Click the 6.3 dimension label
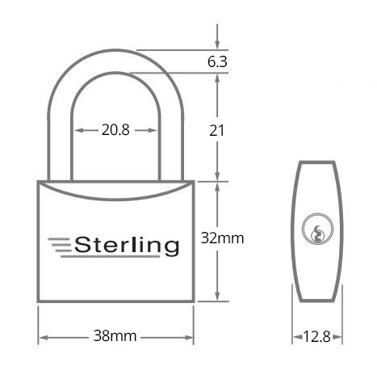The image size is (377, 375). point(217,61)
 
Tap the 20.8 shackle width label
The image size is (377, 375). point(115,130)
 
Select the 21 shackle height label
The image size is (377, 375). point(217,131)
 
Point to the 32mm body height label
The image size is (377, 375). point(222,238)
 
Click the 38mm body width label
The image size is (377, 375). point(115,336)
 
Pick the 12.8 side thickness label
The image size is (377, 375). point(317,336)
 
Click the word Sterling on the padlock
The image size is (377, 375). point(127,246)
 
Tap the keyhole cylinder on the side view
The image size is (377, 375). point(317,229)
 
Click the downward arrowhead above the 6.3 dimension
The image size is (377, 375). point(217,45)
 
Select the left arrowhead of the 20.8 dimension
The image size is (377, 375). point(79,130)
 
